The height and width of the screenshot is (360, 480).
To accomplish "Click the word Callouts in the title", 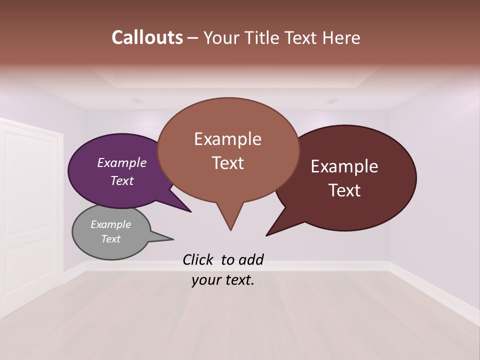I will [147, 37].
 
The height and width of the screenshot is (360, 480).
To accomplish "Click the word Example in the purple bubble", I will [122, 162].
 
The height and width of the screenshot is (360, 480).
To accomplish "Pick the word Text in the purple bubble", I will [122, 180].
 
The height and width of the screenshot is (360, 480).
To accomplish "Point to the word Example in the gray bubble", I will [111, 224].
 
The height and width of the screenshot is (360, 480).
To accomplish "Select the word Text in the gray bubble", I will [111, 239].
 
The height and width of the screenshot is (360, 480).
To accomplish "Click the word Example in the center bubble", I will [227, 139].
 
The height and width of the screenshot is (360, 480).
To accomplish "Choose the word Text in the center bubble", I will [227, 163].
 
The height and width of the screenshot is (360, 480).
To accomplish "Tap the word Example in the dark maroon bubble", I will [344, 166].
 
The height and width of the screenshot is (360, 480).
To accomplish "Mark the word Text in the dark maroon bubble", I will [344, 190].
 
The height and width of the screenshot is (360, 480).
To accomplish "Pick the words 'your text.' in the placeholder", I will [223, 280].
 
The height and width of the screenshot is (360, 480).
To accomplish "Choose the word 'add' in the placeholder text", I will [251, 259].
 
